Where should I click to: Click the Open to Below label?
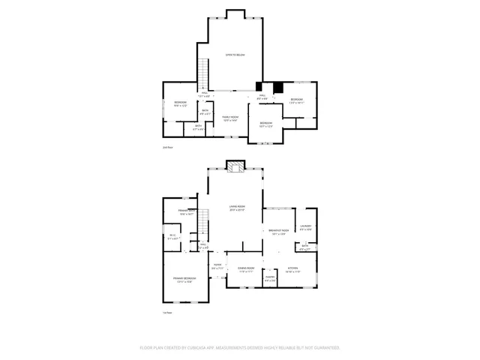point(235,55)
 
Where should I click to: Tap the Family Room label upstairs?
point(229,118)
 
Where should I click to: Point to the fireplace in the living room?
point(236,166)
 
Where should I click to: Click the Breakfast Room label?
point(277,232)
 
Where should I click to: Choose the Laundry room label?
point(306,226)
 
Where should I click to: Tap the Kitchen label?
point(293,269)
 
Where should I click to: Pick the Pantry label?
point(269,279)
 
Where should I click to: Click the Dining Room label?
point(246,269)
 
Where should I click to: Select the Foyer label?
point(217,266)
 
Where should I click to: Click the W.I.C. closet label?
point(172,238)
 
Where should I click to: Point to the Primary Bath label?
point(187,212)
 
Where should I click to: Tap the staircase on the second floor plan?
point(202,73)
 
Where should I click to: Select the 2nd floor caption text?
point(168,148)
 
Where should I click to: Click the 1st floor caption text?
point(168,313)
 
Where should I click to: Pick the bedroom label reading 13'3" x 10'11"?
point(296,100)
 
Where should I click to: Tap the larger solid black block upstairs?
point(279,86)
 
